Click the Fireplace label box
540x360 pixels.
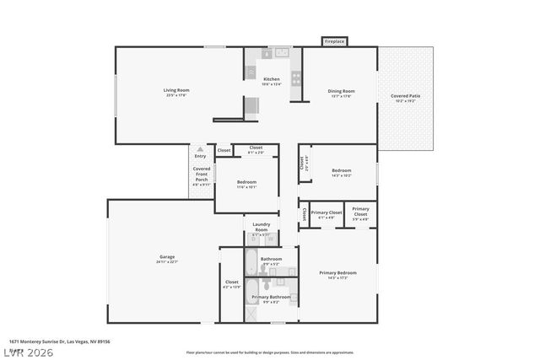(334, 40)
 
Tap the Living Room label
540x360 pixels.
(175, 92)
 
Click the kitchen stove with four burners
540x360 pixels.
(296, 78)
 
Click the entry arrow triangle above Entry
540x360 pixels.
(200, 148)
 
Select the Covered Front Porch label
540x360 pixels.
(202, 174)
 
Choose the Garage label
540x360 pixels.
(167, 259)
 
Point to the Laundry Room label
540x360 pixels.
(262, 227)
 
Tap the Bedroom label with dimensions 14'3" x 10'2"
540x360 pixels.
(341, 172)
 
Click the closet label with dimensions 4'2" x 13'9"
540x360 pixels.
(232, 284)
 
